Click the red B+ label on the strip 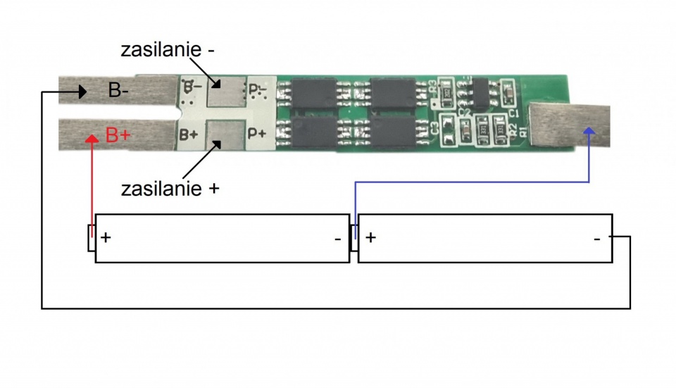pos(118,134)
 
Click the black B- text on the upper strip pos(119,91)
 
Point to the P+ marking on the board pos(257,133)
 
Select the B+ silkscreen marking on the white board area pos(188,133)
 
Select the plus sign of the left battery pos(106,237)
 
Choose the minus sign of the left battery pos(338,239)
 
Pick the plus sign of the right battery pos(370,237)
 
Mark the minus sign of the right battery pos(597,239)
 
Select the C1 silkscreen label pos(513,112)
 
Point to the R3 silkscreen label pos(432,87)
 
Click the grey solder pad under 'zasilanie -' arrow pos(225,92)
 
